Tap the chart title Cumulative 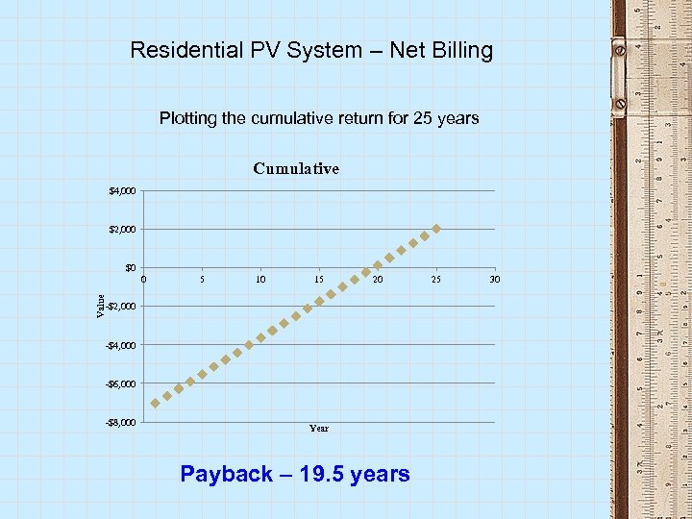tap(296, 168)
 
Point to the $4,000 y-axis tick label tap(123, 191)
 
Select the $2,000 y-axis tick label tap(123, 230)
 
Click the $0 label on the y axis tap(130, 268)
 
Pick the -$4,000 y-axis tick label tap(121, 345)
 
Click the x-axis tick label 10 tap(260, 280)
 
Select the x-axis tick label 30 tap(495, 280)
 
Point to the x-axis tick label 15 tap(319, 280)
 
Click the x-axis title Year tap(319, 429)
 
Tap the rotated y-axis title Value tap(101, 306)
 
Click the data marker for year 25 tap(436, 229)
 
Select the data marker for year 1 tap(156, 403)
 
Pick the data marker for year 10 tap(260, 337)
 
